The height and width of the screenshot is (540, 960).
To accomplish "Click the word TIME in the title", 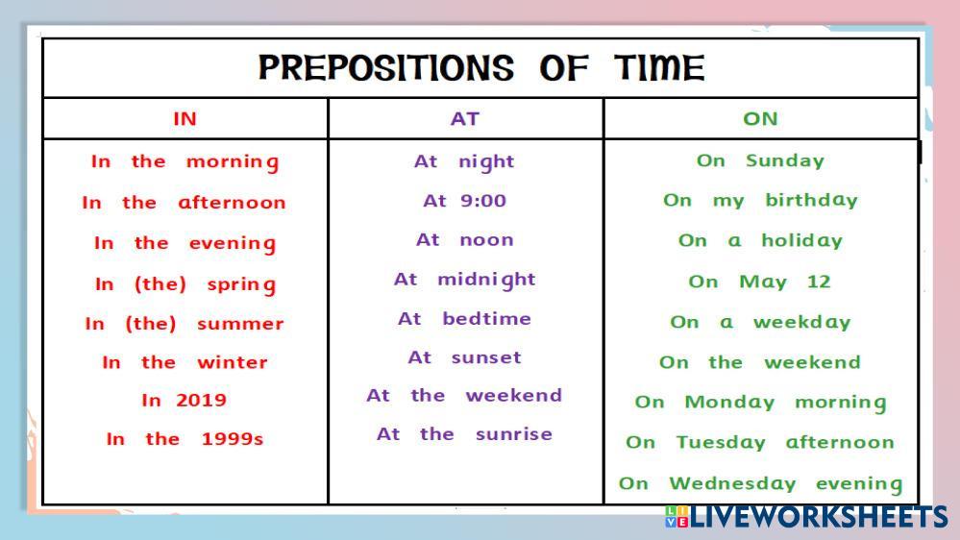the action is click(660, 67).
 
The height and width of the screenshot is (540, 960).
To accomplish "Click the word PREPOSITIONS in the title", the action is click(385, 67).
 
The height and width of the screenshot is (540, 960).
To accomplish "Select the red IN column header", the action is click(185, 119).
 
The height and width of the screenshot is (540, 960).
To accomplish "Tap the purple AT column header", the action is click(465, 119).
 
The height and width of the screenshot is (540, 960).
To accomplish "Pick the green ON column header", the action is click(760, 119).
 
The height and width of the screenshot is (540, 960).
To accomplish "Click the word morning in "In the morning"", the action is click(233, 162).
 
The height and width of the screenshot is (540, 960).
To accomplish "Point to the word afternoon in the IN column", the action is click(232, 203).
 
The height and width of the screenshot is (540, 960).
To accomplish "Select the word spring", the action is click(242, 285).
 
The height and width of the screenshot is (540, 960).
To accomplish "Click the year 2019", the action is click(202, 401).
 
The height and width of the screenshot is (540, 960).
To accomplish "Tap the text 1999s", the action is click(233, 439).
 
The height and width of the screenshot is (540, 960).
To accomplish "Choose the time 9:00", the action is click(483, 201).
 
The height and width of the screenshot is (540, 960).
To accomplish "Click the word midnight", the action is click(487, 280).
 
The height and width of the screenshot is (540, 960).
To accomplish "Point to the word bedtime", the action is click(487, 318).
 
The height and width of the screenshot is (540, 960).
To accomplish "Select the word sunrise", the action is click(514, 434).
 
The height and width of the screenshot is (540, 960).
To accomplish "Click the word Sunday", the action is click(785, 161).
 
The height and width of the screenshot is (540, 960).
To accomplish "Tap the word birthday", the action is click(812, 200).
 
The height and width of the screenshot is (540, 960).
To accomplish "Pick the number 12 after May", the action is click(819, 282).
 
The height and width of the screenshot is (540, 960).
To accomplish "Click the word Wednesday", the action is click(733, 483).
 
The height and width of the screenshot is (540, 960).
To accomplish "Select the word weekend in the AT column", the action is click(514, 396).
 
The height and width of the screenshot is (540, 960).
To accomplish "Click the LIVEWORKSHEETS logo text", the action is click(819, 517).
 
